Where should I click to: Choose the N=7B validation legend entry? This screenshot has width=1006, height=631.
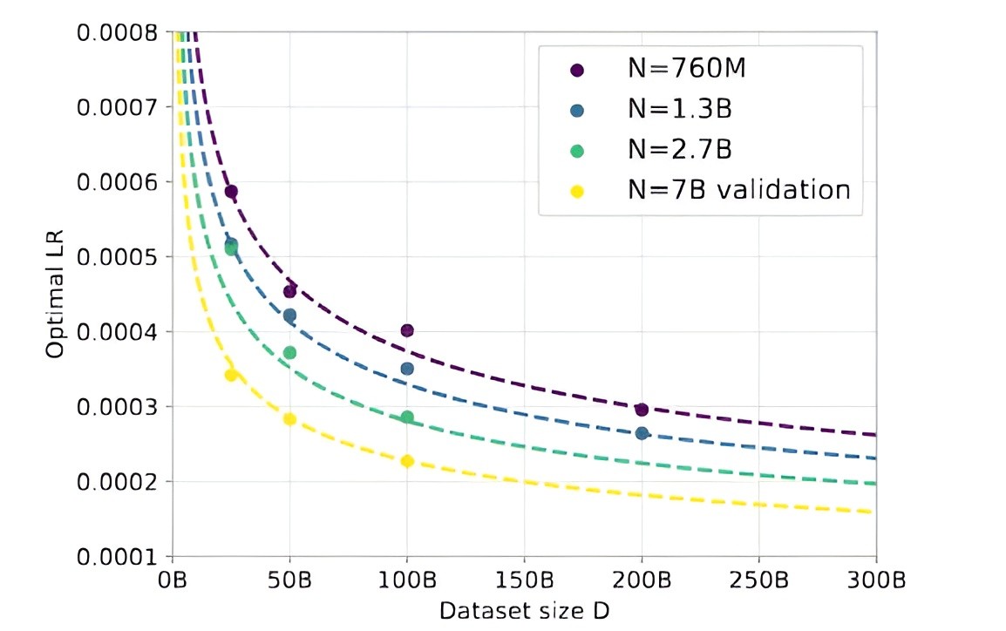point(737,189)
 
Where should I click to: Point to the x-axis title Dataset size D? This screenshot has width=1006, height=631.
point(524,609)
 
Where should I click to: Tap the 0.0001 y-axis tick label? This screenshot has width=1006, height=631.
point(117,556)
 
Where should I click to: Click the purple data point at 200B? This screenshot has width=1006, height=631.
point(642,410)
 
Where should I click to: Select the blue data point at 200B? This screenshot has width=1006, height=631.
point(642,433)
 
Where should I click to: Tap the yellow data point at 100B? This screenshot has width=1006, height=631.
point(407,461)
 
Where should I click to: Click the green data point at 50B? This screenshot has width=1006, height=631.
point(290,353)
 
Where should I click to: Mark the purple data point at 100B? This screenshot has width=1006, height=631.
point(407,330)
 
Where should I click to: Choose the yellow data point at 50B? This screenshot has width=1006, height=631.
point(290,419)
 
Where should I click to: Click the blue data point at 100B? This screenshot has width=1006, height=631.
point(407,369)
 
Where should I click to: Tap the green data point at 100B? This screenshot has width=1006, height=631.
point(407,417)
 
